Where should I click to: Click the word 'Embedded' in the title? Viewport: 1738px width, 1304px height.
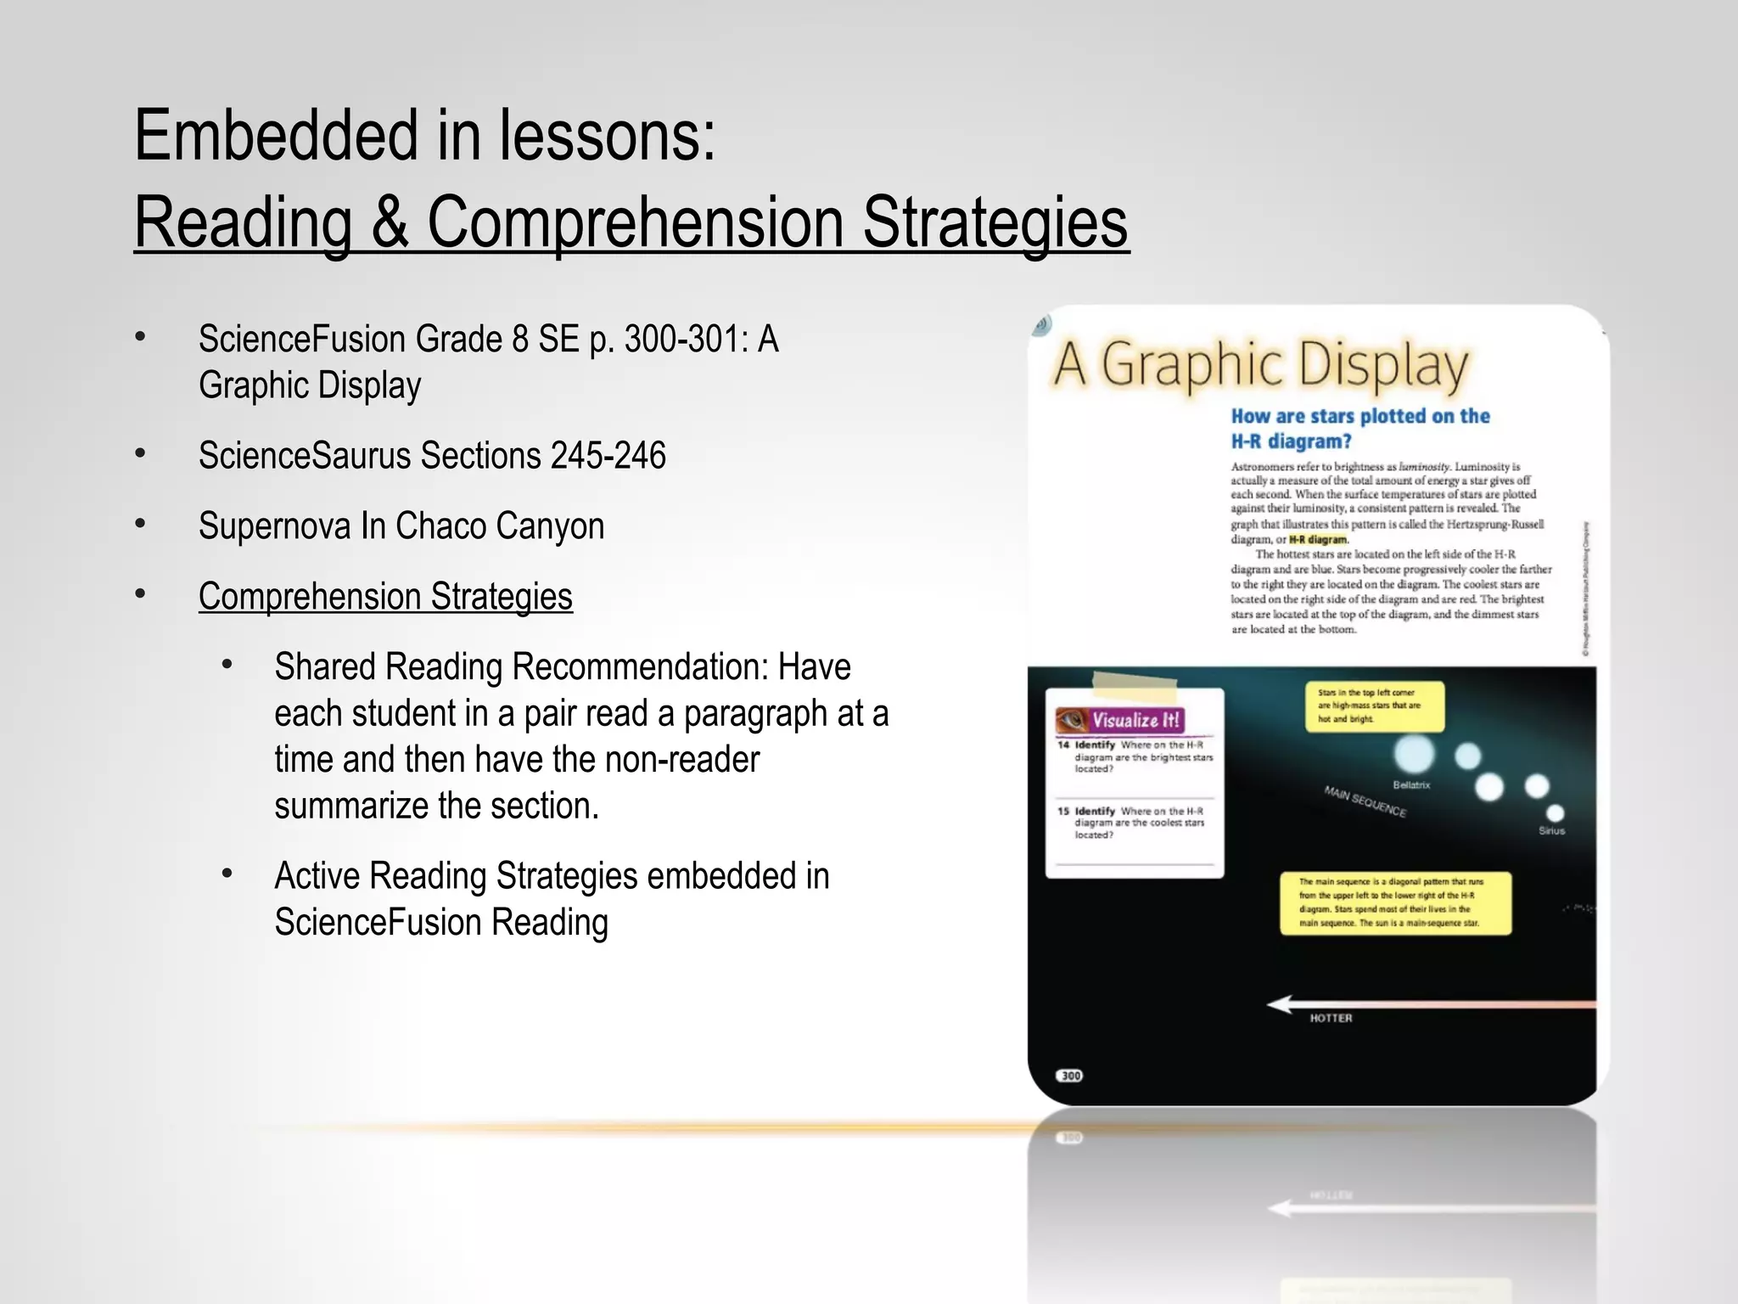[276, 136]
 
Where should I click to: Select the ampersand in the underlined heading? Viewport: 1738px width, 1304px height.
[389, 222]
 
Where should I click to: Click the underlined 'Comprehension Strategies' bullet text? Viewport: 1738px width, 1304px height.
[385, 597]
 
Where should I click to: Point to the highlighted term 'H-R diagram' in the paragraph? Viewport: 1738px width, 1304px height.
[1318, 540]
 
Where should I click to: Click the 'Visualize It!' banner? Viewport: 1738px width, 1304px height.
[1120, 721]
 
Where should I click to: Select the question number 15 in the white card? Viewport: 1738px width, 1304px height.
[1063, 812]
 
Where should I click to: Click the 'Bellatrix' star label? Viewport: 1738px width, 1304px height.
[1411, 785]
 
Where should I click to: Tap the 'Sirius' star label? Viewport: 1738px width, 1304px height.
[1551, 831]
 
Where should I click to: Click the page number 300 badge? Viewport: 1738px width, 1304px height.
[1071, 1076]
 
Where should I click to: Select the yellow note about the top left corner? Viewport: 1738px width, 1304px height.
[1374, 706]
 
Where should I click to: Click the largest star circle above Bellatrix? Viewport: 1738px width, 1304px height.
[1414, 753]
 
